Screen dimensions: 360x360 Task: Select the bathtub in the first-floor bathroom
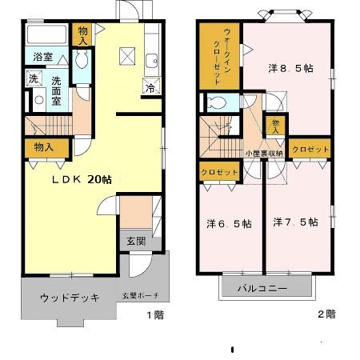coord(46,36)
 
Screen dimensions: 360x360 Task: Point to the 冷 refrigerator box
coord(150,89)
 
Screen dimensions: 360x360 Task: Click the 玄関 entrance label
coord(135,241)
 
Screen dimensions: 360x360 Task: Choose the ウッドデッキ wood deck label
coord(70,298)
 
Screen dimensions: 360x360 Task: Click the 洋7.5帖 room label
coord(294,221)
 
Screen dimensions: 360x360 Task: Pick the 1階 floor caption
coord(155,314)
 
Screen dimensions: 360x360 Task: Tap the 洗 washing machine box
coord(33,78)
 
